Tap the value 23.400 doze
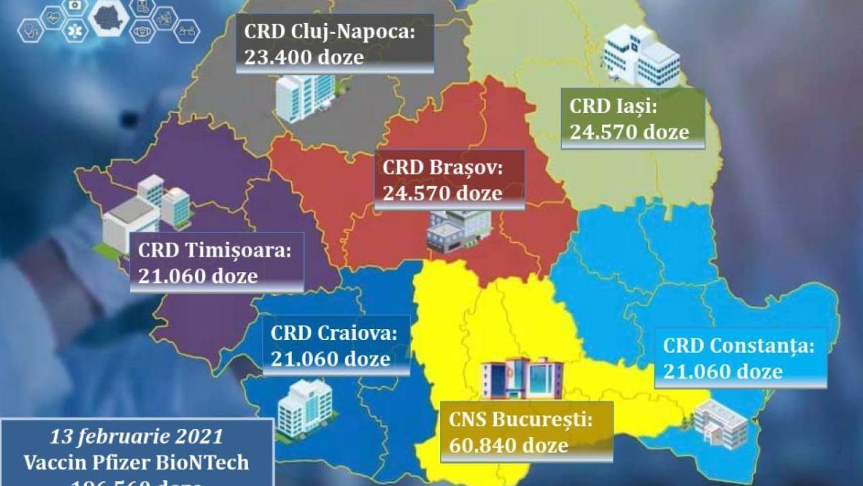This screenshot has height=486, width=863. [304, 58]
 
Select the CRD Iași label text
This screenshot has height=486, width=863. [613, 107]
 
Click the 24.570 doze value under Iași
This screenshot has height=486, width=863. [629, 132]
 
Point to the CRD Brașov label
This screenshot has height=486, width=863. [444, 168]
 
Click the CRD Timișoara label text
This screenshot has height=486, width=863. [215, 251]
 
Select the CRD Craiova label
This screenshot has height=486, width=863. [334, 333]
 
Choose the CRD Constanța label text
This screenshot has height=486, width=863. [738, 346]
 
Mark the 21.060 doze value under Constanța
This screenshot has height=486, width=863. [723, 371]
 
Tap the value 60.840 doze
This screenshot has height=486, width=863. [508, 445]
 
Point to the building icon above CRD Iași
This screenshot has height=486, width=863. [640, 54]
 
